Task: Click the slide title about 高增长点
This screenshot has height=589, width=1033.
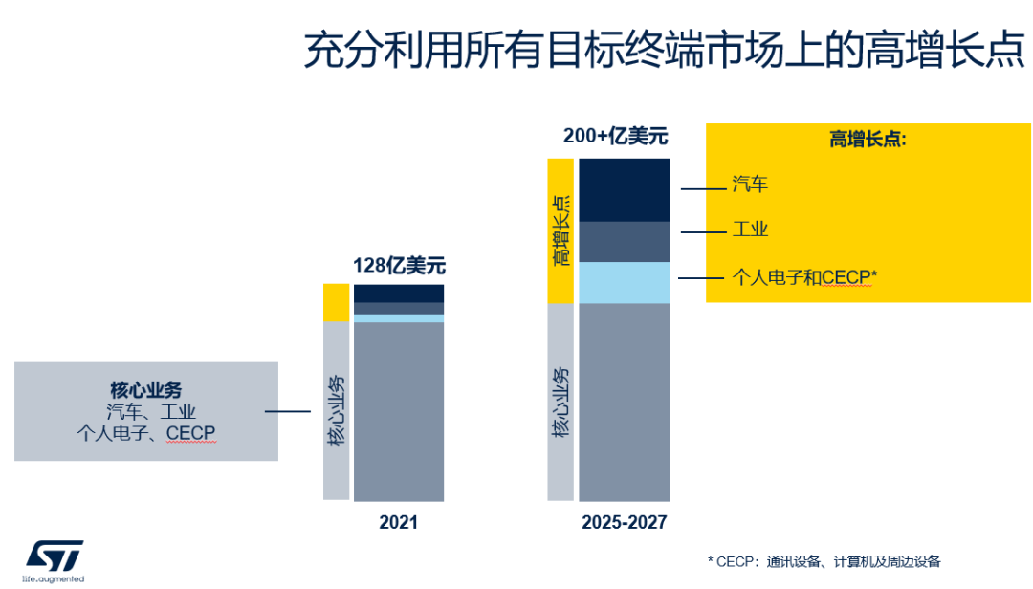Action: pyautogui.click(x=664, y=51)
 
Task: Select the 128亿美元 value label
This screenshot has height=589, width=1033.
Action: pyautogui.click(x=399, y=266)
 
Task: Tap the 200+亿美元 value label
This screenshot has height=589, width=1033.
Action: pyautogui.click(x=615, y=137)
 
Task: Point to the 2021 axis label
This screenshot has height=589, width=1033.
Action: pyautogui.click(x=398, y=523)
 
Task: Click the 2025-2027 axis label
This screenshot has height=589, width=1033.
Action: pyautogui.click(x=624, y=523)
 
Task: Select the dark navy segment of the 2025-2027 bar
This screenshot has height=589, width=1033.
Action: pyautogui.click(x=624, y=189)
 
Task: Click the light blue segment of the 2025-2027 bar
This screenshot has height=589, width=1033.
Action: pyautogui.click(x=624, y=282)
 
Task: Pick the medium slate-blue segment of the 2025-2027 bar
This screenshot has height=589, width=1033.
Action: pyautogui.click(x=624, y=241)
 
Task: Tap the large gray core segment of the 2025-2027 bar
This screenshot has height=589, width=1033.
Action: pyautogui.click(x=624, y=402)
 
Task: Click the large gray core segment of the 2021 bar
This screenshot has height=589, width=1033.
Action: pyautogui.click(x=398, y=411)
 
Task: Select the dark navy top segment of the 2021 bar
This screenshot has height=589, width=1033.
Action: pyautogui.click(x=398, y=293)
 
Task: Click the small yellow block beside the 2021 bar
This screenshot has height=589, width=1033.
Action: pyautogui.click(x=336, y=302)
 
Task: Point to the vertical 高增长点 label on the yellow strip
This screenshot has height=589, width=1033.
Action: pyautogui.click(x=560, y=229)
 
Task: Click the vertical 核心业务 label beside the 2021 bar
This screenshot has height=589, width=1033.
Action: pyautogui.click(x=336, y=411)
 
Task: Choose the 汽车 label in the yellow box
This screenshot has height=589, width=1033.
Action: pyautogui.click(x=750, y=185)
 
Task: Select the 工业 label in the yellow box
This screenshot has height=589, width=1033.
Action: pyautogui.click(x=750, y=229)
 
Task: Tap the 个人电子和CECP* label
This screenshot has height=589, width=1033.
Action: pyautogui.click(x=804, y=277)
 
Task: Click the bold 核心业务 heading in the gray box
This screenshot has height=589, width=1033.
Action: pyautogui.click(x=145, y=390)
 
